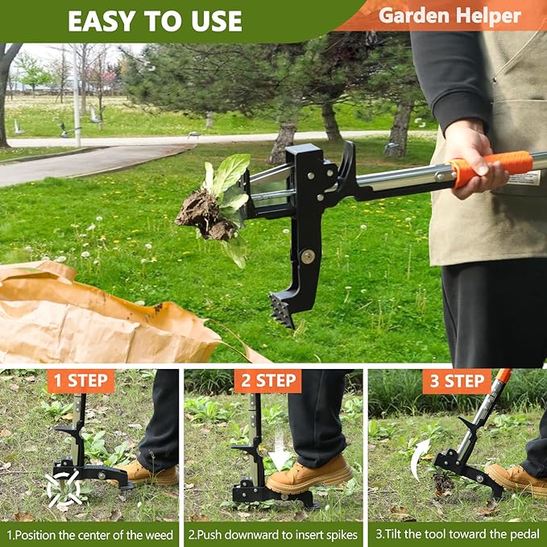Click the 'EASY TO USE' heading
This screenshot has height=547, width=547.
[155, 20]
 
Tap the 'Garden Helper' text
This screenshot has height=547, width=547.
[450, 15]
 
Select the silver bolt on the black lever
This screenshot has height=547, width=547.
[308, 256]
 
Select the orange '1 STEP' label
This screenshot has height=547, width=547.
[81, 380]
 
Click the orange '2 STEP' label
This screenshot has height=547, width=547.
[267, 380]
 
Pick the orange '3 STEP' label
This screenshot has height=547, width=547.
[457, 380]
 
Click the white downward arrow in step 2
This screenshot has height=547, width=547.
[280, 458]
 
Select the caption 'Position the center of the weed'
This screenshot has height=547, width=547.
[90, 534]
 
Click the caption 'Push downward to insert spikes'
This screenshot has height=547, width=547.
[273, 534]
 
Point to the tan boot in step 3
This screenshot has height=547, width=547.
[518, 479]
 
